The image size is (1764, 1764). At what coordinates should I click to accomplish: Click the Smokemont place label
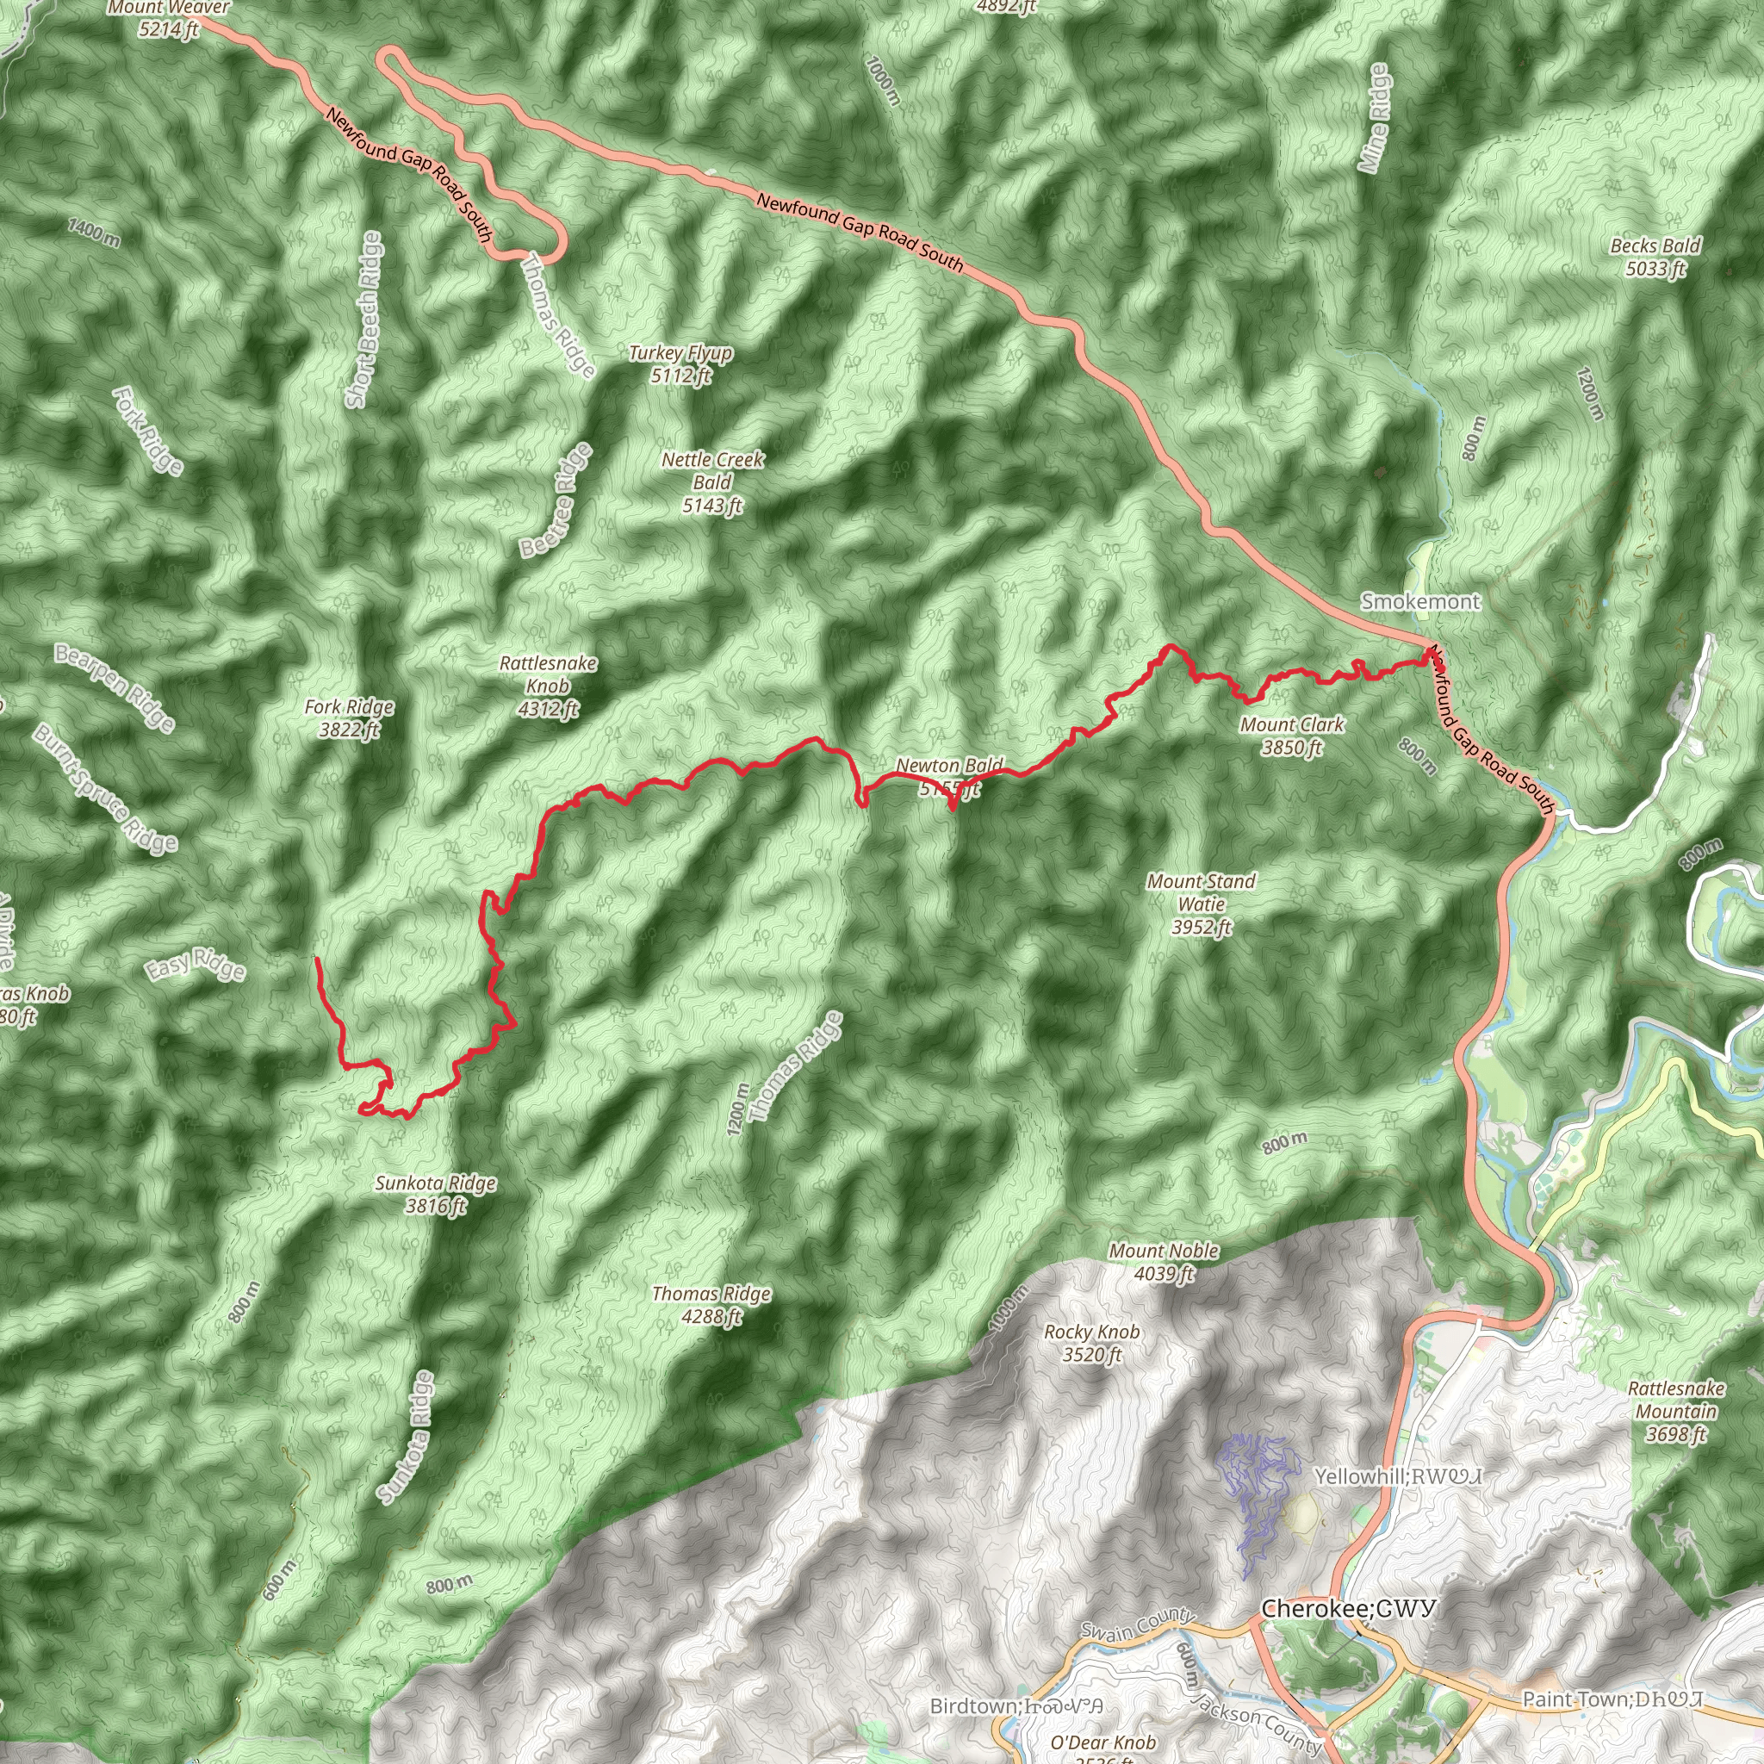(1419, 602)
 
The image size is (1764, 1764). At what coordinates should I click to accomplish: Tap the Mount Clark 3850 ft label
(1292, 736)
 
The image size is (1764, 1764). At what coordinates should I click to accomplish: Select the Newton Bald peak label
(949, 776)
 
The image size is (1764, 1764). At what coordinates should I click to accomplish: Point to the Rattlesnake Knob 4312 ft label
(548, 686)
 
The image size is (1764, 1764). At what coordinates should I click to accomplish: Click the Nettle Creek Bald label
(712, 482)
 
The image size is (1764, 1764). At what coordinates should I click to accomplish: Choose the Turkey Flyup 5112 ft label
(680, 363)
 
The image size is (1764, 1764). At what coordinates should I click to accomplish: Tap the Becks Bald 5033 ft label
(1655, 257)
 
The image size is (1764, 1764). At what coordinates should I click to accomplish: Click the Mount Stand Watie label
(1201, 904)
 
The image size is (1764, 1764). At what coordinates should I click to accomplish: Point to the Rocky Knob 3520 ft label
(1092, 1343)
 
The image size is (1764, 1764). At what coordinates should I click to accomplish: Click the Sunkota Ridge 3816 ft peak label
(436, 1195)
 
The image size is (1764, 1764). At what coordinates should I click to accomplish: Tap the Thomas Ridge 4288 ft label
(711, 1305)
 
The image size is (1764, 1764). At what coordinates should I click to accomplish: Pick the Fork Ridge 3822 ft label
(349, 717)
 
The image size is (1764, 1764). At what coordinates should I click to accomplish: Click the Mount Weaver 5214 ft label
(169, 18)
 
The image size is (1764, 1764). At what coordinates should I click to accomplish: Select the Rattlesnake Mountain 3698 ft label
(1676, 1412)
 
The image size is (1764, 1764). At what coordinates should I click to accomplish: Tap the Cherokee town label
(1349, 1608)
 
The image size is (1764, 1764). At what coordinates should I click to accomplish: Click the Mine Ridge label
(1373, 119)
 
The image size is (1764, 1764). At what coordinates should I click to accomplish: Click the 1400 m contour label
(94, 232)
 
